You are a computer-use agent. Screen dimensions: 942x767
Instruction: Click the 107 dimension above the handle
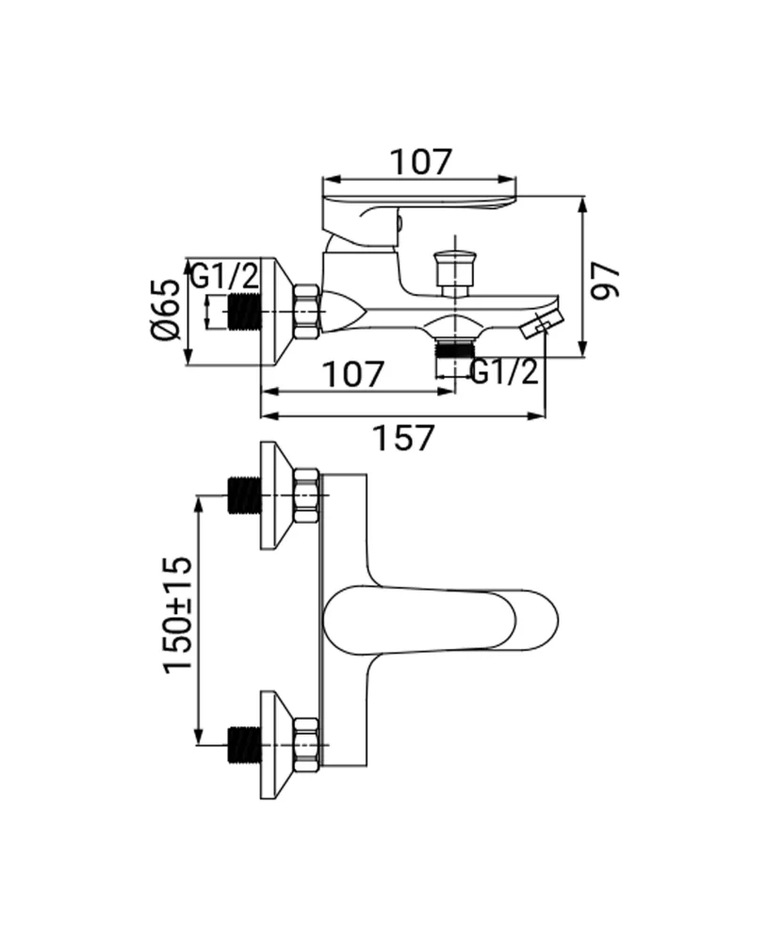tap(421, 162)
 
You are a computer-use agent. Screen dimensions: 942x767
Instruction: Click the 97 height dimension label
tap(607, 280)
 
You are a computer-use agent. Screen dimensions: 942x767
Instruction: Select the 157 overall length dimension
tap(404, 438)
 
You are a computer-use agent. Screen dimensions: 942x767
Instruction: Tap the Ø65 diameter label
tap(165, 311)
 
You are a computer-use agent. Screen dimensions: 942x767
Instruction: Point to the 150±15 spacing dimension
tap(178, 614)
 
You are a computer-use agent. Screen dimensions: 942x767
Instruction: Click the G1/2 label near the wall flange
tap(224, 277)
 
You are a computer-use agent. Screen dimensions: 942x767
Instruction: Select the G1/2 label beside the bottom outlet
tap(504, 372)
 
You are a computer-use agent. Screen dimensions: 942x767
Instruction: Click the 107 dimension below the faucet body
tap(355, 374)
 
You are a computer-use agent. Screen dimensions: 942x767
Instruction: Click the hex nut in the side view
tap(307, 312)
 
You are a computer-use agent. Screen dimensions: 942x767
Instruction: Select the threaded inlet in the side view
tap(243, 312)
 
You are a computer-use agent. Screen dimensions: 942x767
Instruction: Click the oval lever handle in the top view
tap(440, 621)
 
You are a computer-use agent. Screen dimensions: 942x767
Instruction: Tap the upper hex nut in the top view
tap(307, 495)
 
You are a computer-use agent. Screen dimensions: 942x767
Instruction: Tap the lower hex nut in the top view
tap(307, 745)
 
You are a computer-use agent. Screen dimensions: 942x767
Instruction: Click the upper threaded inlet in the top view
tap(243, 495)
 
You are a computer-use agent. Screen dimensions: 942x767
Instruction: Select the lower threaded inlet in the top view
tap(243, 745)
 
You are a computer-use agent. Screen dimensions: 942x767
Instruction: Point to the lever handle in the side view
tap(419, 203)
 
